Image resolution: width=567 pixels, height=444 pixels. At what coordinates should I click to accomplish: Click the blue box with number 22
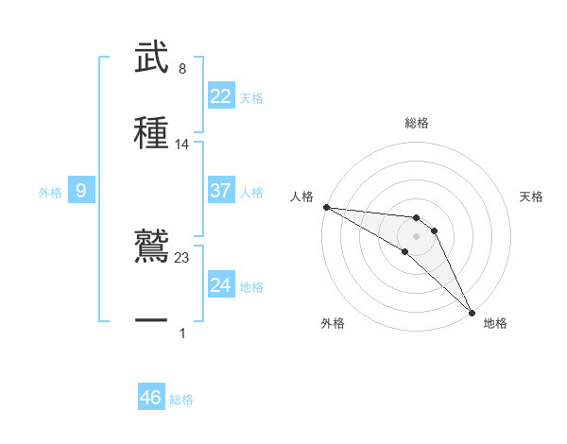click(x=221, y=96)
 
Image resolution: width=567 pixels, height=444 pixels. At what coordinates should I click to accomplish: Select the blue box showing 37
click(x=221, y=191)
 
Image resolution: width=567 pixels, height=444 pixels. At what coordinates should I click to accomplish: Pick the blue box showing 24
click(x=221, y=285)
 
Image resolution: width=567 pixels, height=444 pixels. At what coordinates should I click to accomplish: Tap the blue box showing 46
click(x=151, y=398)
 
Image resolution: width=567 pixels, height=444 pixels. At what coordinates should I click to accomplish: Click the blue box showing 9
click(x=81, y=191)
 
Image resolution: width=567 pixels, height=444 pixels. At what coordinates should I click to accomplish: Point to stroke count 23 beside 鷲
click(x=182, y=258)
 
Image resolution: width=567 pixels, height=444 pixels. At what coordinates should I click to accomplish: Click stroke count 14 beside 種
click(x=182, y=144)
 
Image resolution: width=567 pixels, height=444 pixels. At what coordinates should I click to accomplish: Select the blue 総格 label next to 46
click(x=181, y=400)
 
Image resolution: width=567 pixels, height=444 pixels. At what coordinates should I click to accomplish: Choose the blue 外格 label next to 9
click(x=50, y=193)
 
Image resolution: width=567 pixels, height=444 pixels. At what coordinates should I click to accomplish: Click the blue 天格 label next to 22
click(x=251, y=98)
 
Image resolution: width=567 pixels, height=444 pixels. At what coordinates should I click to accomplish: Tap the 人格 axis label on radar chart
click(x=301, y=196)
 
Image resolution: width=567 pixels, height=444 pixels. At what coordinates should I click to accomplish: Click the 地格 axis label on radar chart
click(x=495, y=323)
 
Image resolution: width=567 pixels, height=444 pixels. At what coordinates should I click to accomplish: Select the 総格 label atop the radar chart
click(x=417, y=123)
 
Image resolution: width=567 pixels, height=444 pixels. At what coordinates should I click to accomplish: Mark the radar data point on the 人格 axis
click(x=326, y=207)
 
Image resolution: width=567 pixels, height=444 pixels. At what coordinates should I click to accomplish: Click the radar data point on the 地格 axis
click(x=471, y=311)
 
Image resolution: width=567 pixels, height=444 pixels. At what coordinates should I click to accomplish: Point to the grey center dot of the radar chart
click(x=416, y=235)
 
